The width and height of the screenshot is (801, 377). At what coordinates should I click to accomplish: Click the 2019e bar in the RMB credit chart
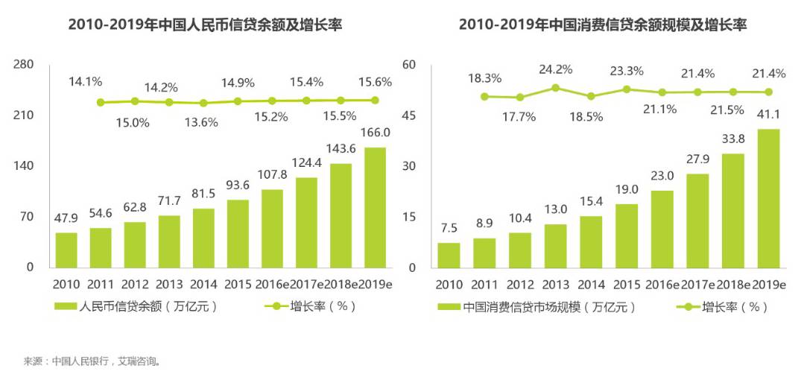tap(376, 207)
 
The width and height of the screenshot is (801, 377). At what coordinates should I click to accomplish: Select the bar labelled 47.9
tap(66, 250)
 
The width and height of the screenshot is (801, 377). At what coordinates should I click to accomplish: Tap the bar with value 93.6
tap(238, 233)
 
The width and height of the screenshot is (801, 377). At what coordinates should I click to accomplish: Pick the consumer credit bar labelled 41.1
tap(768, 198)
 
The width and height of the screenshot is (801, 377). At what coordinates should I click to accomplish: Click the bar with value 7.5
tap(449, 255)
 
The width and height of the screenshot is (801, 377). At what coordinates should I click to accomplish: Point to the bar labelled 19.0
tap(627, 235)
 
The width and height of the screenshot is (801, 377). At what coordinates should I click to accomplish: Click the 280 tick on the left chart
tap(24, 65)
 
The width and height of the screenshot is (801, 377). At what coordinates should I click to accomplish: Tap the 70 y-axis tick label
tap(26, 217)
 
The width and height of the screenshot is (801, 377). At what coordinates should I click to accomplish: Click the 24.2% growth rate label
tap(556, 70)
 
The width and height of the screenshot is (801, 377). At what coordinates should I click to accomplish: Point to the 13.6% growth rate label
tap(203, 122)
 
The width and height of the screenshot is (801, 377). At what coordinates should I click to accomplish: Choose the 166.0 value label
tap(376, 133)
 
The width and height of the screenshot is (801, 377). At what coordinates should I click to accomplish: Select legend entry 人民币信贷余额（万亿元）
tap(137, 306)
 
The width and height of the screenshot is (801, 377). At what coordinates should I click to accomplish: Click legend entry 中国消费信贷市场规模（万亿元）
tap(536, 306)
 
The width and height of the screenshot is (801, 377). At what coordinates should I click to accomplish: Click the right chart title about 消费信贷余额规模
tap(602, 25)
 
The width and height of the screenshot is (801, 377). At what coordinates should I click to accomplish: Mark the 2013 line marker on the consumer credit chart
tap(555, 87)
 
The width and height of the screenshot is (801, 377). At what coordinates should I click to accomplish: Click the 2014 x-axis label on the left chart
tap(203, 285)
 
